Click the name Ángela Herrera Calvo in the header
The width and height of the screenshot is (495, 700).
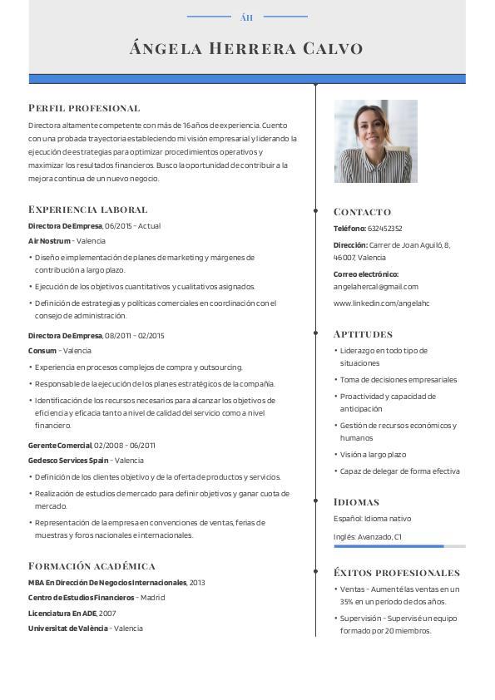(x=246, y=48)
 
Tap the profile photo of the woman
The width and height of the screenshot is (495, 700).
(x=375, y=141)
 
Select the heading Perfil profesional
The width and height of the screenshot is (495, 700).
(x=84, y=108)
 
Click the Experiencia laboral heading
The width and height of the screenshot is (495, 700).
(x=87, y=210)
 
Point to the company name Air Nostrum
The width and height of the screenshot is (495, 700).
(x=49, y=241)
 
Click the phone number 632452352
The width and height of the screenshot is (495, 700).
(x=385, y=229)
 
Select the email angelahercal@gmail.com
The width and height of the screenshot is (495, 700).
(x=376, y=287)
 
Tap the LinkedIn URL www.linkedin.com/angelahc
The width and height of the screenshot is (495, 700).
(x=381, y=303)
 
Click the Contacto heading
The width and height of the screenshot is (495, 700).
(x=362, y=212)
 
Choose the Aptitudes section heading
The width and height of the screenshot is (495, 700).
(x=363, y=334)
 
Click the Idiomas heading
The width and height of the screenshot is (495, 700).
(x=356, y=502)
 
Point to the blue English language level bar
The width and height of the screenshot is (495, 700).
(x=389, y=546)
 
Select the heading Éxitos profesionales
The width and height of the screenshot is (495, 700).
(x=396, y=573)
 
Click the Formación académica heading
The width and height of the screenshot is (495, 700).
(x=92, y=566)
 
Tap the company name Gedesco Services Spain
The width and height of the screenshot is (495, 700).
(x=68, y=461)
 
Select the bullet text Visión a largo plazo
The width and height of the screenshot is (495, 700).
(x=373, y=455)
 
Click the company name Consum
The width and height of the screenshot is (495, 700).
(x=42, y=351)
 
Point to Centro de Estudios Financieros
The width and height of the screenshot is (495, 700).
(x=81, y=598)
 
